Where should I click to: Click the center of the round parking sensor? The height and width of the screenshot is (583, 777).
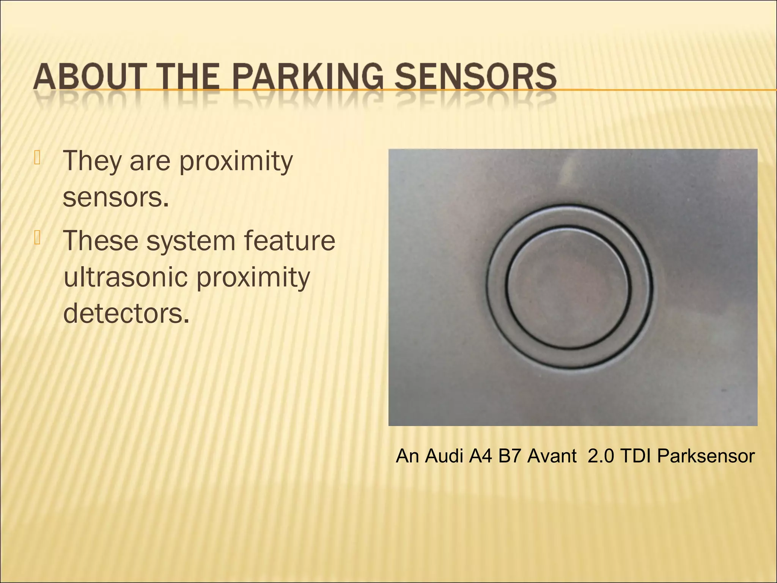coord(569,287)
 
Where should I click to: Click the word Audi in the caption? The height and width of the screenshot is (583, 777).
coord(444,456)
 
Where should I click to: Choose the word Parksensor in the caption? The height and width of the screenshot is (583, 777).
coord(706,456)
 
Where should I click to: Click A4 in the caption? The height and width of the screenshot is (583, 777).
coord(480,456)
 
